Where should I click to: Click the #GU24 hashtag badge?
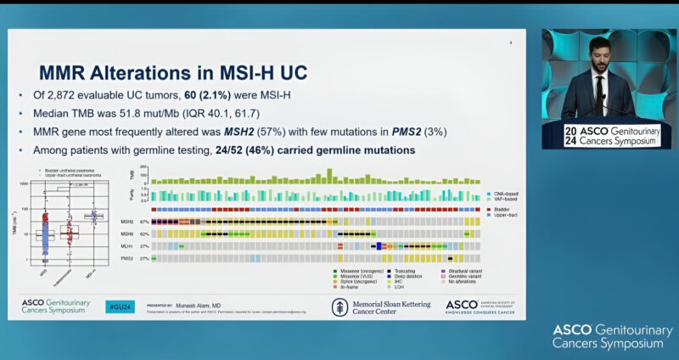[x=119, y=307]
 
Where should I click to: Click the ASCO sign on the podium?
[x=606, y=135]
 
